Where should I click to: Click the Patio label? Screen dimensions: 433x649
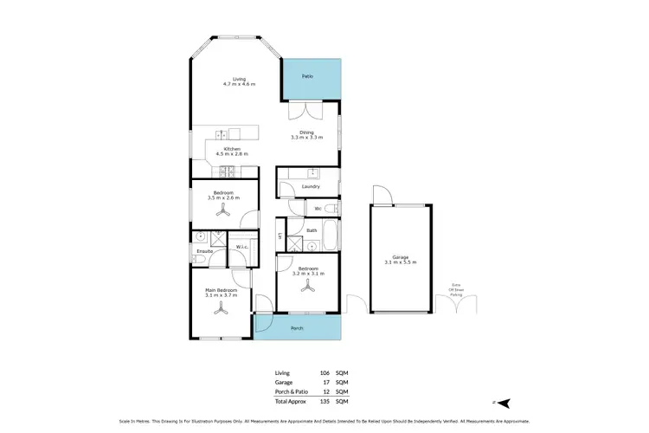306,77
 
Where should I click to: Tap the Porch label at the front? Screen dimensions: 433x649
297,328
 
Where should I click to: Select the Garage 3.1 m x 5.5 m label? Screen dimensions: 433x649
400,259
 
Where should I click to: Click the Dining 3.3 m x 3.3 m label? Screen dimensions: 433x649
306,135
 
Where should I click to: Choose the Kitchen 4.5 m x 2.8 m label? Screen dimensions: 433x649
231,152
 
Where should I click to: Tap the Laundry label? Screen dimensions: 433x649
311,187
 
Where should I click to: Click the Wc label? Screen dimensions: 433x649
318,209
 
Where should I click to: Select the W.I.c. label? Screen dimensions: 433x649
242,249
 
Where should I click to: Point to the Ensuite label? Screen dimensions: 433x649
204,251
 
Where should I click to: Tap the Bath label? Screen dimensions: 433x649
311,230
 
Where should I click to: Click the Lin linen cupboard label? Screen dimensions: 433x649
280,236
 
